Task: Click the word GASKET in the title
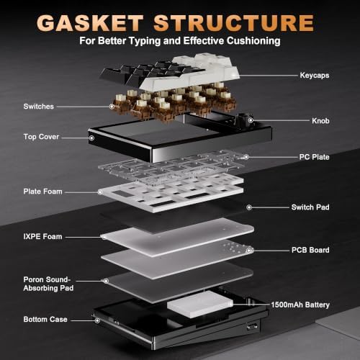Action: (90, 23)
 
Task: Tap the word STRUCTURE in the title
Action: (233, 23)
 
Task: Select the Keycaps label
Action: (315, 76)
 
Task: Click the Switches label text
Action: (39, 107)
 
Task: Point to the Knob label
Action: (320, 121)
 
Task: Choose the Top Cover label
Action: (41, 137)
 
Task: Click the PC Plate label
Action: (314, 157)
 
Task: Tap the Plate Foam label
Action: (42, 192)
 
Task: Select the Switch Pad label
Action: (310, 207)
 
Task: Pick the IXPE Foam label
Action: (42, 237)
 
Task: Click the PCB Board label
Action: (310, 250)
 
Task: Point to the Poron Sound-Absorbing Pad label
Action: (48, 284)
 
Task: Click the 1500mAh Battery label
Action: (300, 305)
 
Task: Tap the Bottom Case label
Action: (45, 320)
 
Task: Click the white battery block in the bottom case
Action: (200, 305)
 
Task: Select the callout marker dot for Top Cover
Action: (91, 138)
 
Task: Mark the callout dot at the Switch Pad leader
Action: (249, 207)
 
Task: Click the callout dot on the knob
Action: (251, 120)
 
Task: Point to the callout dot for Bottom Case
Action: (97, 320)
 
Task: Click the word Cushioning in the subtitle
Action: (253, 41)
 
